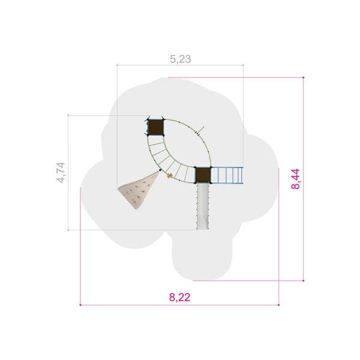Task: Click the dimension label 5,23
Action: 180,59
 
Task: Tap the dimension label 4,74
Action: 61,173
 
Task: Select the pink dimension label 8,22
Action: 180,298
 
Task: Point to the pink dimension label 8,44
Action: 295,179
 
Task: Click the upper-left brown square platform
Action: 155,127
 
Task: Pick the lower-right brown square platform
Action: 203,175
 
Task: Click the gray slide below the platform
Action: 203,206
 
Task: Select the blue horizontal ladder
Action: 227,175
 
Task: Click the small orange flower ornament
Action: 170,176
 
